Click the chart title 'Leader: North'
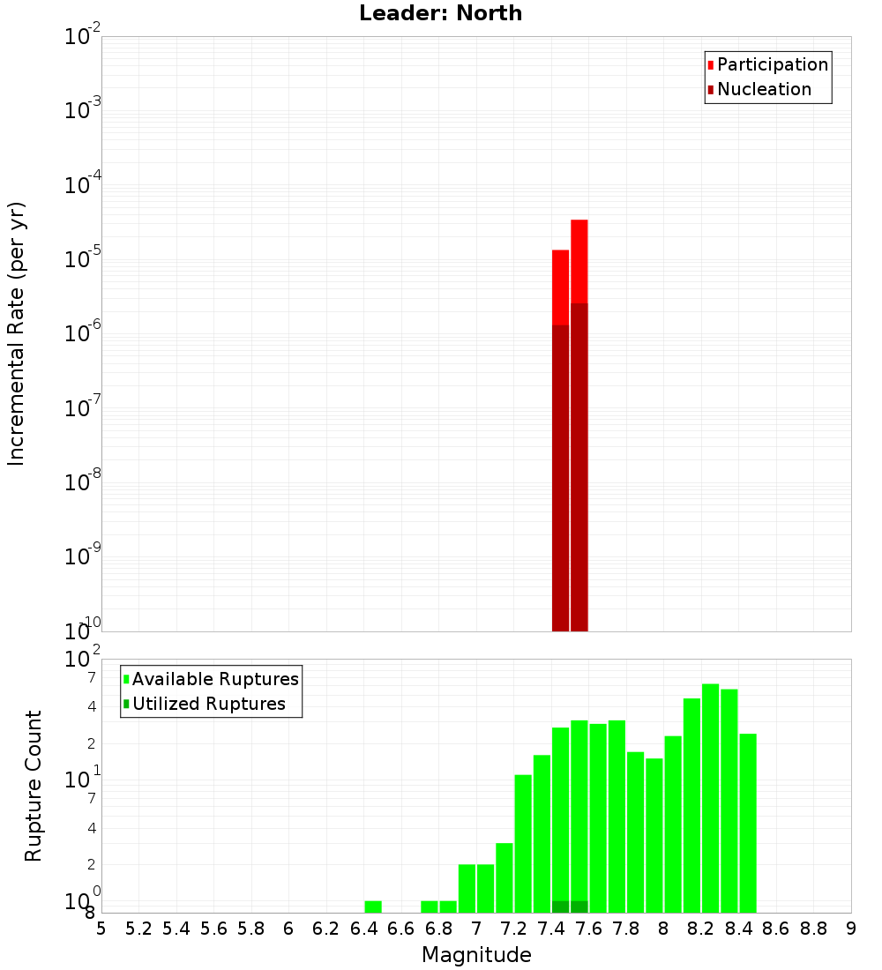440,14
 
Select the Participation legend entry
767,65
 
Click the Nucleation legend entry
759,89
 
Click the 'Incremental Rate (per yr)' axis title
16,333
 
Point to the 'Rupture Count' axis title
34,786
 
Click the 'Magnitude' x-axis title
476,955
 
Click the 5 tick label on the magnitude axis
101,929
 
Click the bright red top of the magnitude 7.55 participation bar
579,260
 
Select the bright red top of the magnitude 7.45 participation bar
560,287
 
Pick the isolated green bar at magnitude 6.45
373,907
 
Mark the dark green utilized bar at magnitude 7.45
560,907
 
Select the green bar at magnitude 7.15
505,877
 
